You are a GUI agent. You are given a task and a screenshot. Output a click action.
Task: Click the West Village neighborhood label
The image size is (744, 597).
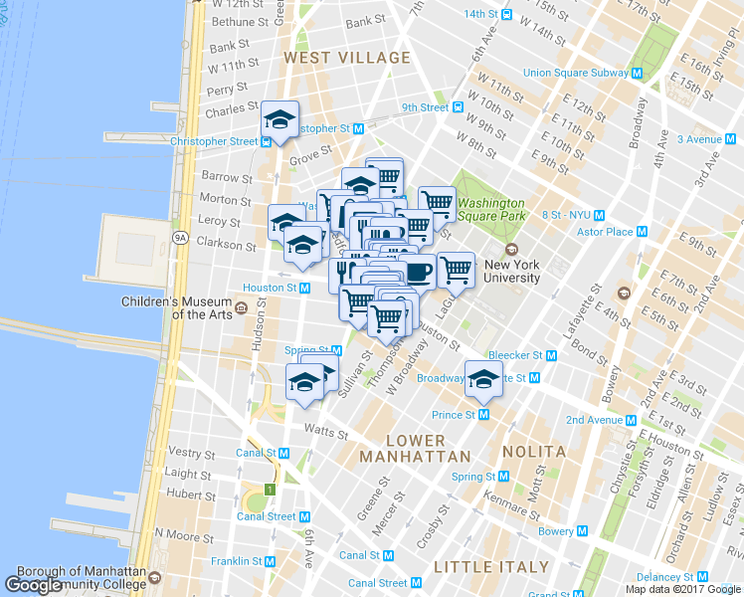(333, 59)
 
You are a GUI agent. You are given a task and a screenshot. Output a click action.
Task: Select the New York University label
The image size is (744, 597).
(512, 272)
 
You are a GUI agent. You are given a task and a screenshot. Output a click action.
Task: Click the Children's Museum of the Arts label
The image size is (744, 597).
(177, 307)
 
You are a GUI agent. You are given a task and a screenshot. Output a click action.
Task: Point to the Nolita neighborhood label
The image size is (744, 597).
(534, 451)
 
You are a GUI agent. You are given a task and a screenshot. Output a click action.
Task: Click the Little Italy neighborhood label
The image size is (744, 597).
(491, 566)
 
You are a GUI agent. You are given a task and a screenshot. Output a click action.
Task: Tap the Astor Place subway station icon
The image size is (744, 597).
(642, 232)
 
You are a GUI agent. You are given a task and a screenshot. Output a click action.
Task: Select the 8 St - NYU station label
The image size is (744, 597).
(566, 215)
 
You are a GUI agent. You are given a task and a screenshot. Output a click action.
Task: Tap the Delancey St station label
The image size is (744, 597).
(664, 577)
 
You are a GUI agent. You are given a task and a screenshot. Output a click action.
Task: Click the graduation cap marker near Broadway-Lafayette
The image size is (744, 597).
(483, 378)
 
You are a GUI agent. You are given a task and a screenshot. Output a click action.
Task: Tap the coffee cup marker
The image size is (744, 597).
(417, 272)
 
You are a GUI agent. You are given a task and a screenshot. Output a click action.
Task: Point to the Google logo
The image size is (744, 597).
(34, 585)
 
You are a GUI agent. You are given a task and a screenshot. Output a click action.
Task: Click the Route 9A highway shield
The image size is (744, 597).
(180, 238)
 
